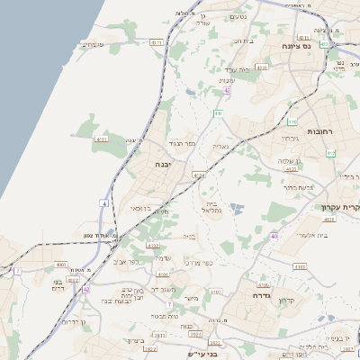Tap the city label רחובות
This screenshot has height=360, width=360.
pyautogui.click(x=321, y=131)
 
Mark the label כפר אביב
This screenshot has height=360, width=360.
pyautogui.click(x=126, y=262)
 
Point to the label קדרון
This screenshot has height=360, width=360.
pyautogui.click(x=287, y=300)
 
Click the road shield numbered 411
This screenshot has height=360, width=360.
pyautogui.click(x=219, y=113)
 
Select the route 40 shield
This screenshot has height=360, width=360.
pyautogui.click(x=274, y=236)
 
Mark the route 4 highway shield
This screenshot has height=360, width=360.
pyautogui.click(x=103, y=204)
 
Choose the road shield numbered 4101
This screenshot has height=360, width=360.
pyautogui.click(x=163, y=274)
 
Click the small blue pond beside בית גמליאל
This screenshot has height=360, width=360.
pyautogui.click(x=236, y=209)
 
